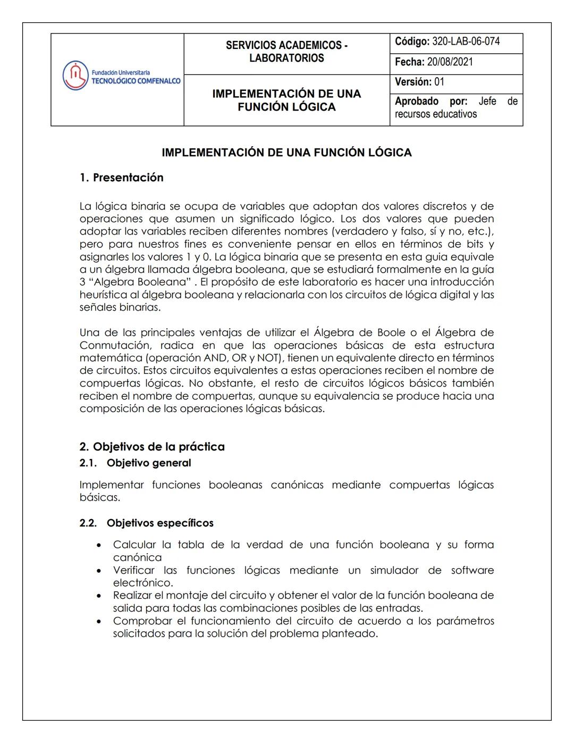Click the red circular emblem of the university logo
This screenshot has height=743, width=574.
coord(75,76)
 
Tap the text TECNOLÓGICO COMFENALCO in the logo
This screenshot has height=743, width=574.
coord(136,81)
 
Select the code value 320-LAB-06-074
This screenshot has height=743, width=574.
coord(466,41)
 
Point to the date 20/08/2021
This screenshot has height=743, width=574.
coord(450,62)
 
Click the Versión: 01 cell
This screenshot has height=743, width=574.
coord(419,82)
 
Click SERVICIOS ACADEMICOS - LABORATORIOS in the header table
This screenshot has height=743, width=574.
coord(286,52)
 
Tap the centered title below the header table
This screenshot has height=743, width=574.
coord(286,153)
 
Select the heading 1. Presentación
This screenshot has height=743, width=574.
coord(122,178)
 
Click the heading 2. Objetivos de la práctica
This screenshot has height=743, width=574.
coord(152,447)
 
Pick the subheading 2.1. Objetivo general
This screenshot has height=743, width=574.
coord(136,463)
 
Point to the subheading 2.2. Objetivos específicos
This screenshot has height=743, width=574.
coord(147,523)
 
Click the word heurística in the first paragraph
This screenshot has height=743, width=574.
coord(104,295)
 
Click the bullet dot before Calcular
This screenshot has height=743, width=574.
coord(99,545)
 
